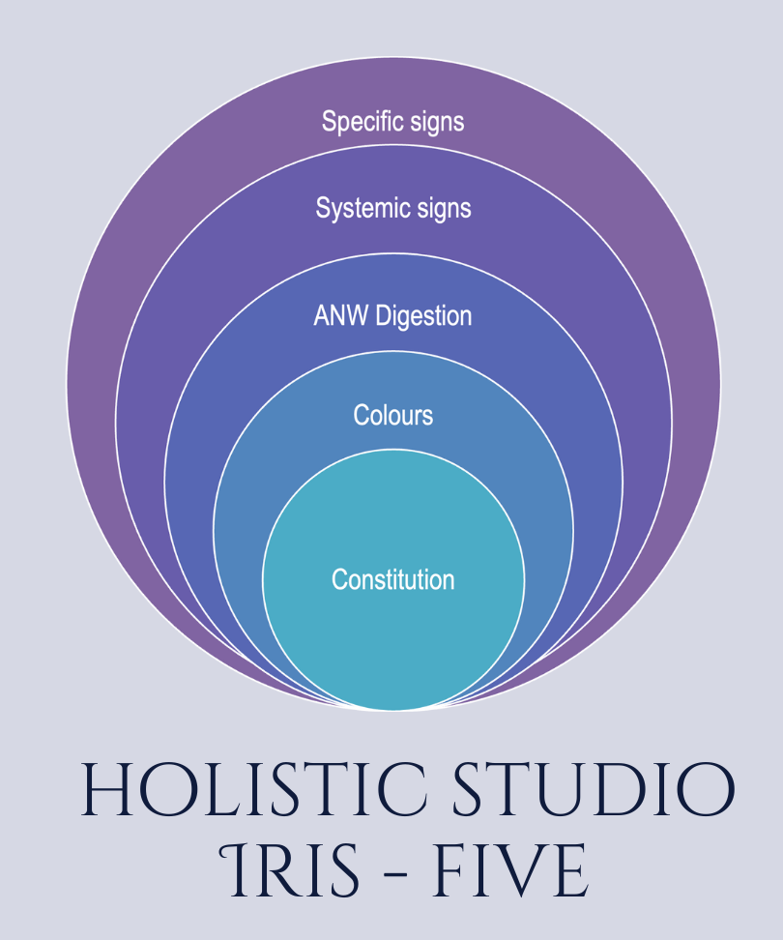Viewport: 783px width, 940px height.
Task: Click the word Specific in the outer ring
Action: click(359, 122)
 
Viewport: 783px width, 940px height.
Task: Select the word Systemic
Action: click(356, 208)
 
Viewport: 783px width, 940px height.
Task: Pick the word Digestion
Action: click(424, 315)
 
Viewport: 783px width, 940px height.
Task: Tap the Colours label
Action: click(392, 415)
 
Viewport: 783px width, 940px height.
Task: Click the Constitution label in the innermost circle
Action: click(392, 579)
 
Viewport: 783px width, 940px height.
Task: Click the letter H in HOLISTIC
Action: click(106, 790)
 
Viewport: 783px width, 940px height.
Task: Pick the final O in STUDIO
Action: click(706, 790)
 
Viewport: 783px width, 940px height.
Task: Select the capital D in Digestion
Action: click(386, 315)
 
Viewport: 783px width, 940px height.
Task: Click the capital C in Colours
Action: click(361, 415)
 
